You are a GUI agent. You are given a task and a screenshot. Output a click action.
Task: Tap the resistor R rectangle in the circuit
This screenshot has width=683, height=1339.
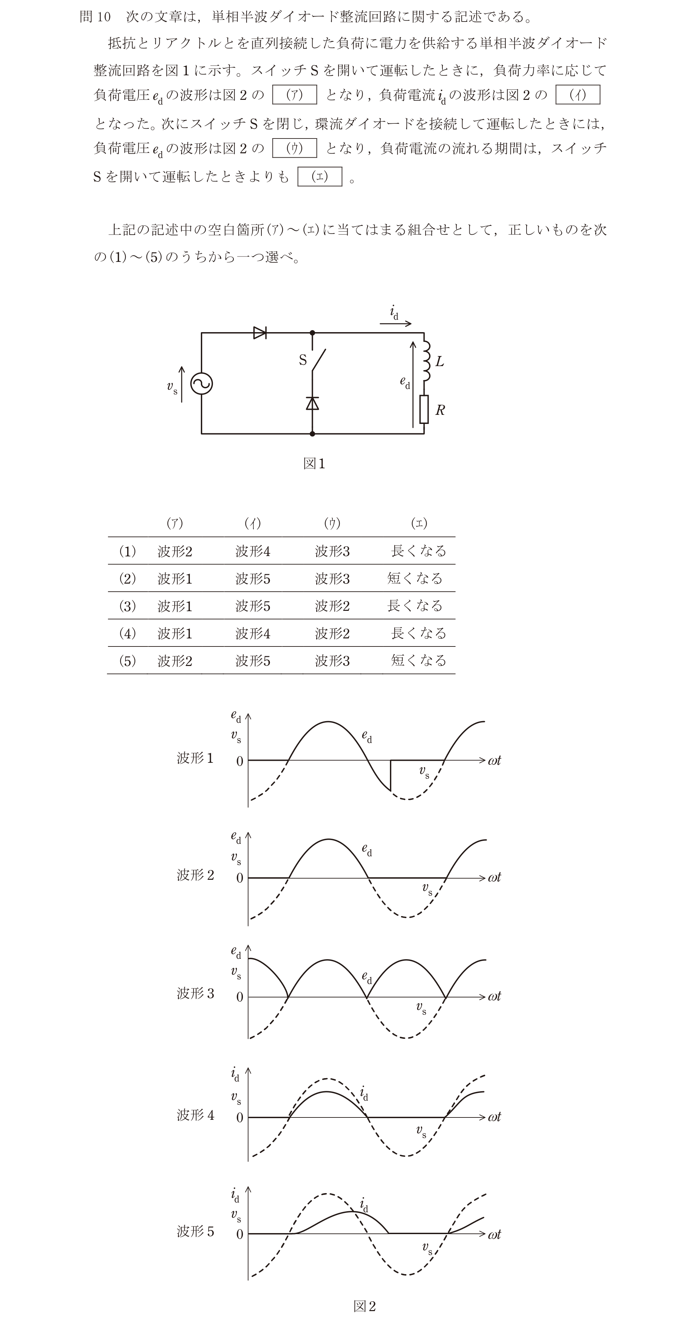tap(424, 409)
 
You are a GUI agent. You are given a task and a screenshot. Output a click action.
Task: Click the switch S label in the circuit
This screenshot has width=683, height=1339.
tap(303, 360)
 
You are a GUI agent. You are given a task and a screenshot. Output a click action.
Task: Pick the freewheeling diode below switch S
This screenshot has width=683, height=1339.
tap(312, 403)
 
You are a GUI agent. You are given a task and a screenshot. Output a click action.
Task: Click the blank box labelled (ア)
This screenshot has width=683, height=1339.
tap(294, 94)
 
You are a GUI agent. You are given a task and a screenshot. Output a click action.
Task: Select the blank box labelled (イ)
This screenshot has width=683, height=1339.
tap(578, 94)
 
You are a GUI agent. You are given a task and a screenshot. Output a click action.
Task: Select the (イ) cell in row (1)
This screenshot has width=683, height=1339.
tap(253, 551)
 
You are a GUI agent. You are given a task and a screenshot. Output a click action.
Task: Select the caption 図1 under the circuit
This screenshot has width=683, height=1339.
tap(314, 464)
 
